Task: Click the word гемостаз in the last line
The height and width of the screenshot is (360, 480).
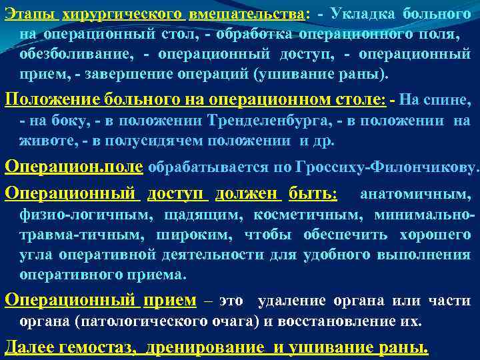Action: (x=97, y=347)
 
